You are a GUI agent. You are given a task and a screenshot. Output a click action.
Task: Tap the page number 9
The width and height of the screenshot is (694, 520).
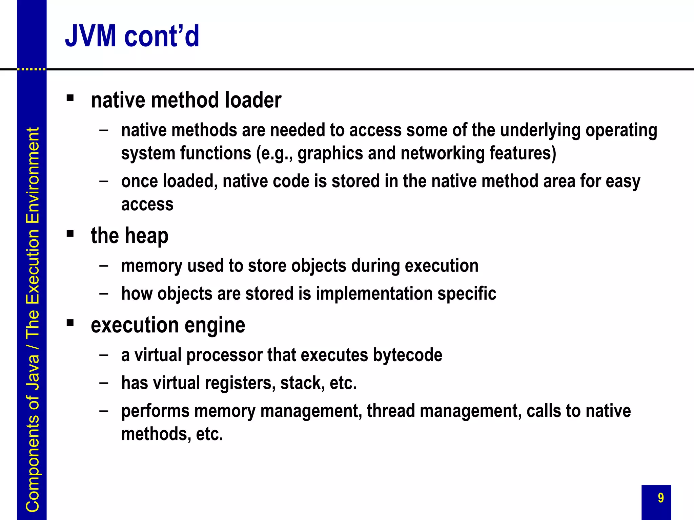(x=660, y=498)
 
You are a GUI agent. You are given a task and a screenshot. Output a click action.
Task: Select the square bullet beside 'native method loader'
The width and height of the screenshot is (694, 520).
(x=70, y=98)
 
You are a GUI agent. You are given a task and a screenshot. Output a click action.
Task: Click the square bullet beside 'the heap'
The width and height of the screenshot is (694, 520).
(x=70, y=234)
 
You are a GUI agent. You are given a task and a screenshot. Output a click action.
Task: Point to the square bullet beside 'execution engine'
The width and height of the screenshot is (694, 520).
(x=70, y=323)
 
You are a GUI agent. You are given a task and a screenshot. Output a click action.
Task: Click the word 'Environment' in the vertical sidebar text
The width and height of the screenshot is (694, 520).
(x=33, y=175)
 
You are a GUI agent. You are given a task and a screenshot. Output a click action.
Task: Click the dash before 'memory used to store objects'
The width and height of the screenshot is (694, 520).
(x=104, y=265)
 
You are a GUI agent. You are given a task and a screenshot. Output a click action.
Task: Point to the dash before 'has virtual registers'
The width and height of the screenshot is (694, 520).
(x=104, y=383)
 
